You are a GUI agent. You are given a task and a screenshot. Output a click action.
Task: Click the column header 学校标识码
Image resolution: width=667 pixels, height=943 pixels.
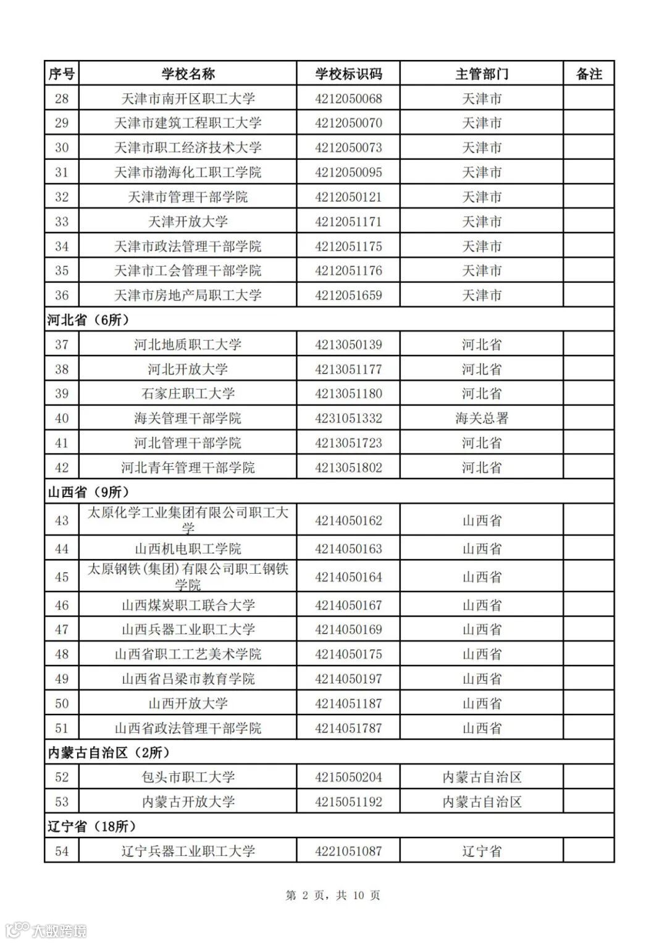(x=348, y=74)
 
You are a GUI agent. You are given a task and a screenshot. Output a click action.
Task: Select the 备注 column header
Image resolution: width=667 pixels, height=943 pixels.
(x=589, y=74)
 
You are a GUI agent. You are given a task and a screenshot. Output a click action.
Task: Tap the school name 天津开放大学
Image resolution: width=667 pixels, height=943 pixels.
(x=188, y=222)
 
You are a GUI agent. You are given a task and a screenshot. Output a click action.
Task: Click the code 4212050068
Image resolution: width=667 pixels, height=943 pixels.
(x=348, y=99)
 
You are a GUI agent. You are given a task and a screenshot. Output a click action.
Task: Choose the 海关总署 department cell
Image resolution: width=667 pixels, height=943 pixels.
(x=482, y=419)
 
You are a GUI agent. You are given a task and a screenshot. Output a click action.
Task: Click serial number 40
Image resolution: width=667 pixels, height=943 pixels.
(x=62, y=419)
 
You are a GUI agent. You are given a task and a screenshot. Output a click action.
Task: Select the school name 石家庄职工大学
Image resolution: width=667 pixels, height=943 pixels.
(x=188, y=394)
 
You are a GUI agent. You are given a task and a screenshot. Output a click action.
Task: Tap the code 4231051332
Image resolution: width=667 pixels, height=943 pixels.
(x=348, y=419)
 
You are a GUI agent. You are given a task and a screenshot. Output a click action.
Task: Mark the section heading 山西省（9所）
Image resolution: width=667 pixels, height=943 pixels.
(x=88, y=492)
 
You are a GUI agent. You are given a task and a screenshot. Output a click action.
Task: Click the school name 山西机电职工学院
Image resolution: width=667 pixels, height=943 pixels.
(x=188, y=549)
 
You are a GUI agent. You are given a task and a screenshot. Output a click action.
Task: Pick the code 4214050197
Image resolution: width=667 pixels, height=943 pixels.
(x=348, y=679)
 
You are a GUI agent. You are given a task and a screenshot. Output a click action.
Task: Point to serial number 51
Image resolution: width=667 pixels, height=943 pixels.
(x=62, y=729)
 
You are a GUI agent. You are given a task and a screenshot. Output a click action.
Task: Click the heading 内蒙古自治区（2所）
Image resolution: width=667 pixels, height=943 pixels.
(x=109, y=753)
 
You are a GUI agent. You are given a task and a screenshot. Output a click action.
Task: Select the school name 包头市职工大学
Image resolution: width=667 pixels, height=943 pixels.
(x=188, y=777)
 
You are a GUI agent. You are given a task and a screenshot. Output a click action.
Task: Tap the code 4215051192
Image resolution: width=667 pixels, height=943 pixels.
(x=348, y=802)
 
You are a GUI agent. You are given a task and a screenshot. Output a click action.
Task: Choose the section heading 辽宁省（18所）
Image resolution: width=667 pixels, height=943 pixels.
(x=92, y=826)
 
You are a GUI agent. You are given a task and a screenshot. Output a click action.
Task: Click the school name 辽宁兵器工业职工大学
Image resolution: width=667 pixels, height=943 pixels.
(x=188, y=852)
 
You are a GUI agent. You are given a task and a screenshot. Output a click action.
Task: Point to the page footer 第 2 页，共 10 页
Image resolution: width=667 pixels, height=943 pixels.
(x=333, y=895)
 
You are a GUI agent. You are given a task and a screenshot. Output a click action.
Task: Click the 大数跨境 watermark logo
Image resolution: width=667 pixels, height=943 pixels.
(x=46, y=929)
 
